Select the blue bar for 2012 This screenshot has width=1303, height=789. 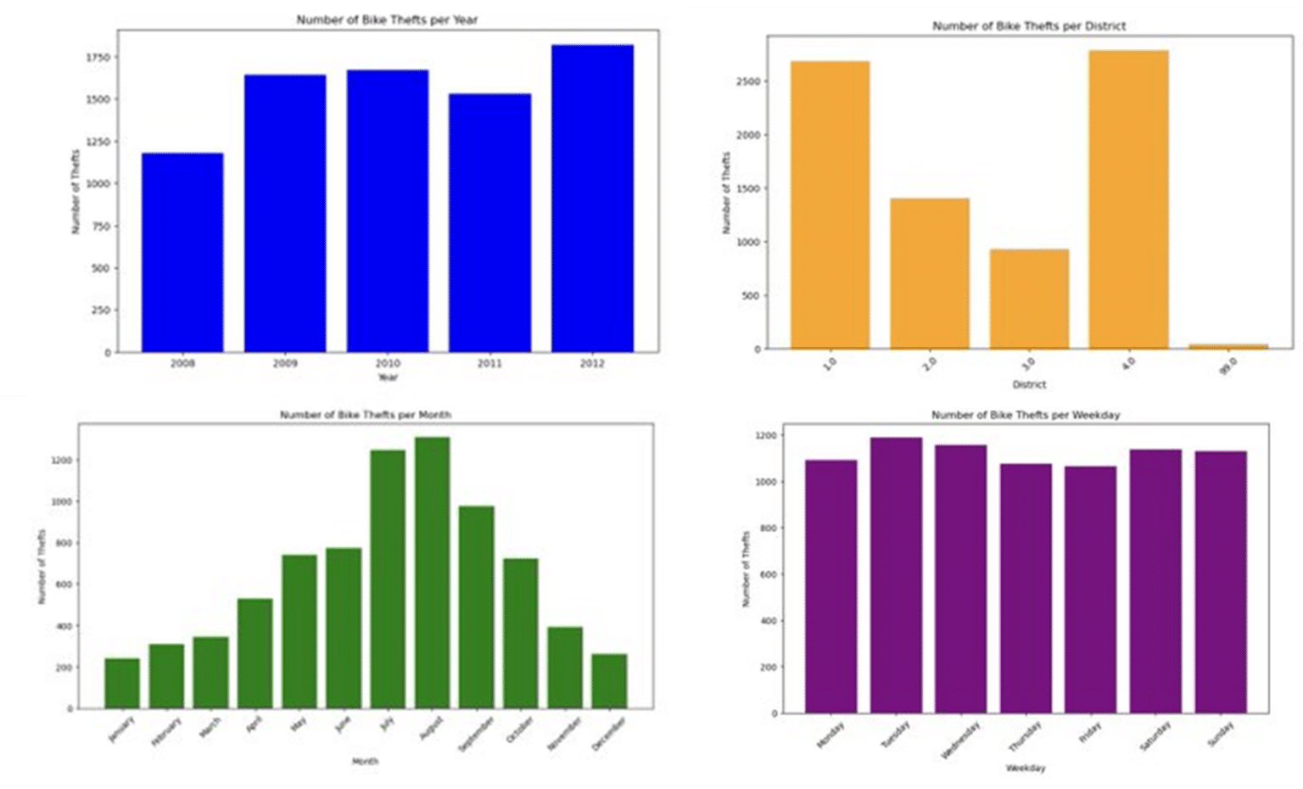click(592, 199)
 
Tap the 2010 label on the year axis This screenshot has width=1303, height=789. click(388, 363)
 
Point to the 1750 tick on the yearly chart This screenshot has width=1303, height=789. click(98, 58)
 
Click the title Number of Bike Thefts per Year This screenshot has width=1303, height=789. click(387, 20)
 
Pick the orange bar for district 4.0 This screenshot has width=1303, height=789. click(1128, 199)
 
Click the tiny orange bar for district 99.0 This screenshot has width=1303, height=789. click(1228, 346)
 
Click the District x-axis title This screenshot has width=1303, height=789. click(1029, 384)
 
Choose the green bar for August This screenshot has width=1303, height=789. click(432, 573)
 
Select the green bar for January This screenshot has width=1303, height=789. click(122, 683)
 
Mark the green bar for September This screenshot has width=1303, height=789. click(476, 607)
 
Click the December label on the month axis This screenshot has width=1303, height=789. click(610, 733)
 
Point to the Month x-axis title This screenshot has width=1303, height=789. click(366, 761)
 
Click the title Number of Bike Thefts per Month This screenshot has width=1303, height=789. click(366, 415)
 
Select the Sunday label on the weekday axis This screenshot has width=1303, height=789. click(1222, 734)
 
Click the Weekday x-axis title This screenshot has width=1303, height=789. click(1026, 768)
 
